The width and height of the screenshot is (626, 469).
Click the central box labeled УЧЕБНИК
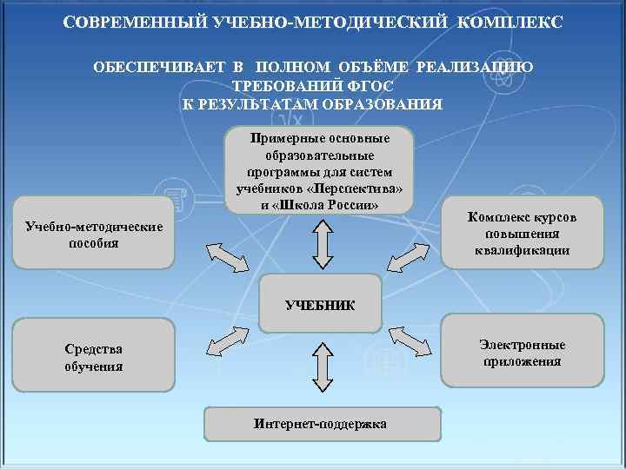(321, 305)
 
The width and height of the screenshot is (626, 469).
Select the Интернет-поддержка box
(321, 423)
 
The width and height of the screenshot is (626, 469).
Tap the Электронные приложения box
(522, 353)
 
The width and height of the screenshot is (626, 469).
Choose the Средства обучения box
(94, 357)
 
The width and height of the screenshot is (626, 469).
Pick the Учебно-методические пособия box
(94, 234)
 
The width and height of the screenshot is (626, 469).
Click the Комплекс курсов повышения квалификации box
(522, 234)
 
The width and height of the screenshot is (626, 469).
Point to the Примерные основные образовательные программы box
(320, 172)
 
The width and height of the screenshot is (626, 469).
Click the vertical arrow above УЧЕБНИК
(321, 244)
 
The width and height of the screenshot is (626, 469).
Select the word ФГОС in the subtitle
(370, 87)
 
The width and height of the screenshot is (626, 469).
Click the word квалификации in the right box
(522, 250)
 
